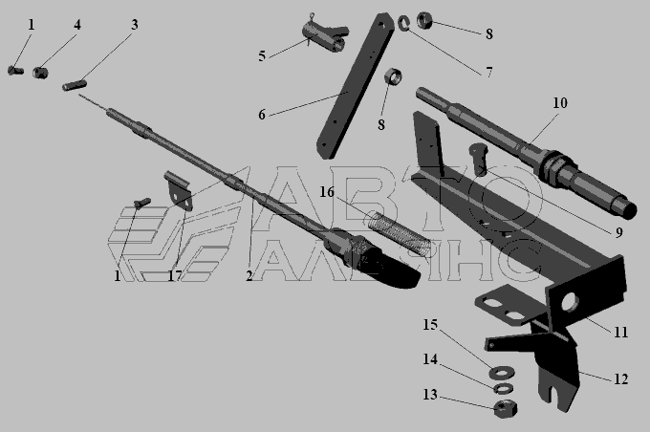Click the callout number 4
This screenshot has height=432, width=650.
[77, 25]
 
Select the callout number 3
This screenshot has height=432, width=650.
[135, 25]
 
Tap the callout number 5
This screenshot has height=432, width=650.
[262, 56]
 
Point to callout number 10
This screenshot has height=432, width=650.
[559, 103]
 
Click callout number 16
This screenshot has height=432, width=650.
[327, 192]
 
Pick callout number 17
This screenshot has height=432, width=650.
[175, 275]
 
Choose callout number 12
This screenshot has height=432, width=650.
[620, 378]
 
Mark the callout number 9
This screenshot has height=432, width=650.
[618, 232]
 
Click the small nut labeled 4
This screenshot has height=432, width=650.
[40, 73]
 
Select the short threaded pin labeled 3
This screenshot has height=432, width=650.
[75, 86]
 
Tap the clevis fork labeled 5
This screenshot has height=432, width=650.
[325, 37]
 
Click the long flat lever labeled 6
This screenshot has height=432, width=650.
[356, 85]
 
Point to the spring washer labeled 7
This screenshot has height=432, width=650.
[403, 23]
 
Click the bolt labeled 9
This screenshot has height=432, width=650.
[478, 160]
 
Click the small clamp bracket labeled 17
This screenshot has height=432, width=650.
[178, 190]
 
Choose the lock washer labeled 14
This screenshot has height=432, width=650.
[503, 389]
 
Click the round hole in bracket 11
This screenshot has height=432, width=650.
[571, 302]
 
